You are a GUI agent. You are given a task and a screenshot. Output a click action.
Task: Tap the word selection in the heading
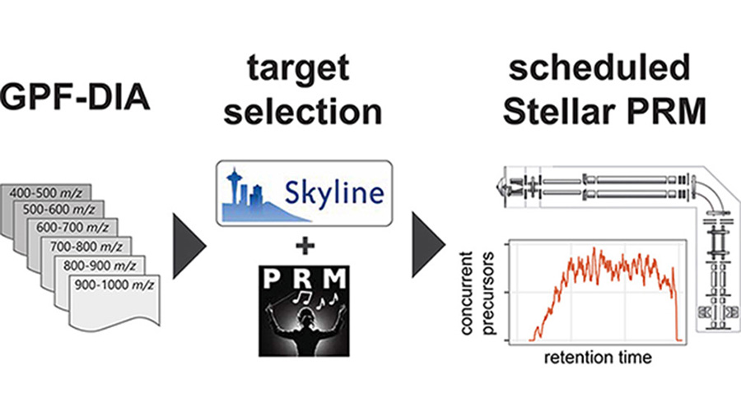[x=302, y=112]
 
